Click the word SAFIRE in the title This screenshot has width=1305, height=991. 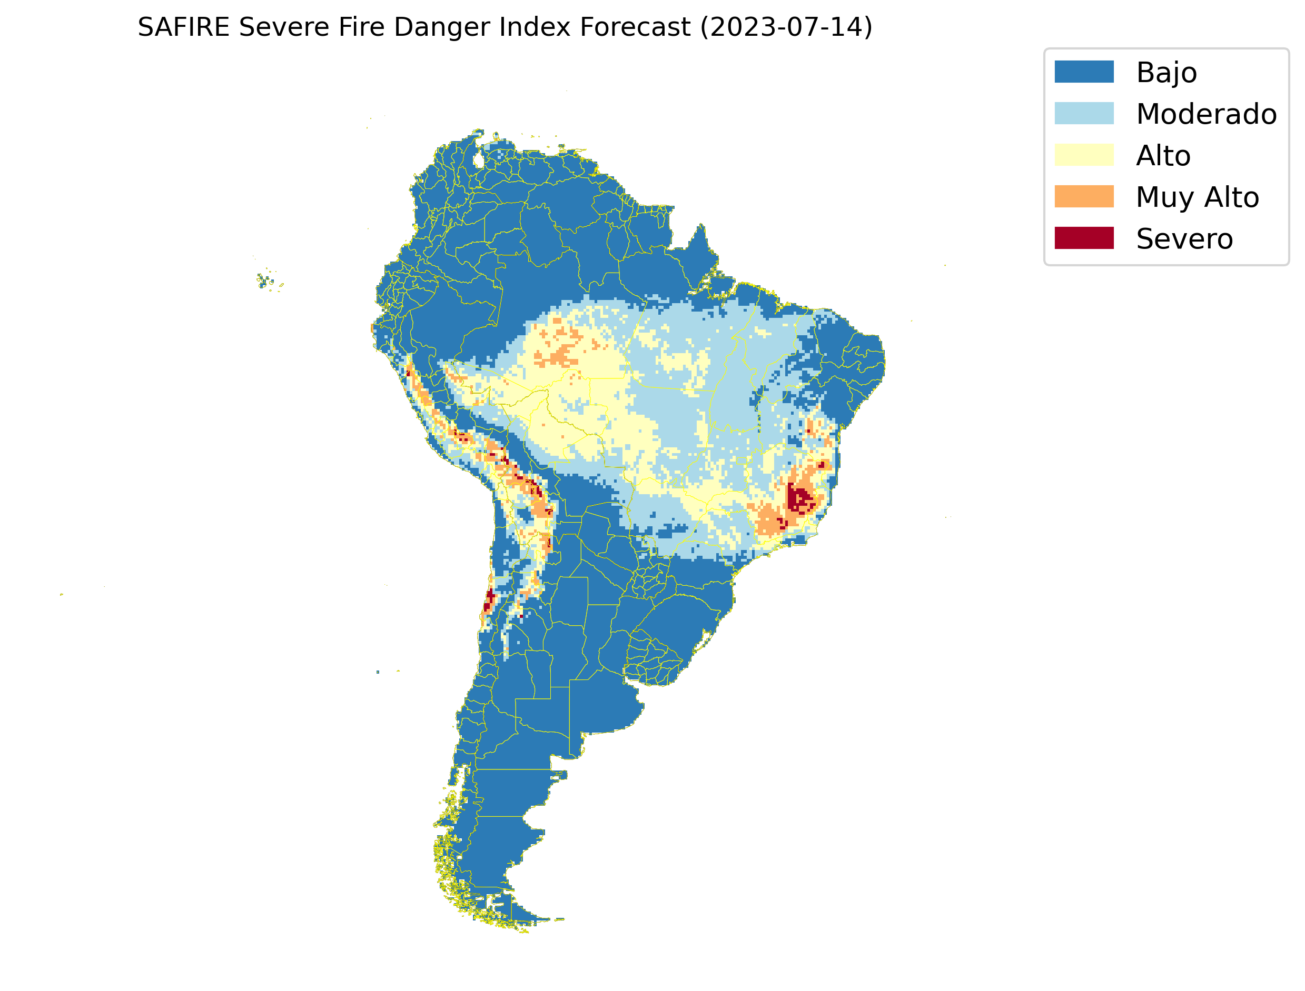183,27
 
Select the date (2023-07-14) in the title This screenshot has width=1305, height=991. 786,27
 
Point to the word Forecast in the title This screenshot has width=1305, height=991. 635,27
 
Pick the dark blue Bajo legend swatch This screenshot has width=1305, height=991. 1084,72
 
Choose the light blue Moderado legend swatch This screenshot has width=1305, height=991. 1084,113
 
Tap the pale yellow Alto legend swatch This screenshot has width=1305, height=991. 1084,155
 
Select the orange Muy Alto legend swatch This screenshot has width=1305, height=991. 1084,196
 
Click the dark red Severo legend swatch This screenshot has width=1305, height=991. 1084,238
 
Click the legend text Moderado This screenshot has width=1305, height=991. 1206,114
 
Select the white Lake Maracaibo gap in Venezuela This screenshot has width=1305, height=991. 479,160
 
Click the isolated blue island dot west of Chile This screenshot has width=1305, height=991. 378,672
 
